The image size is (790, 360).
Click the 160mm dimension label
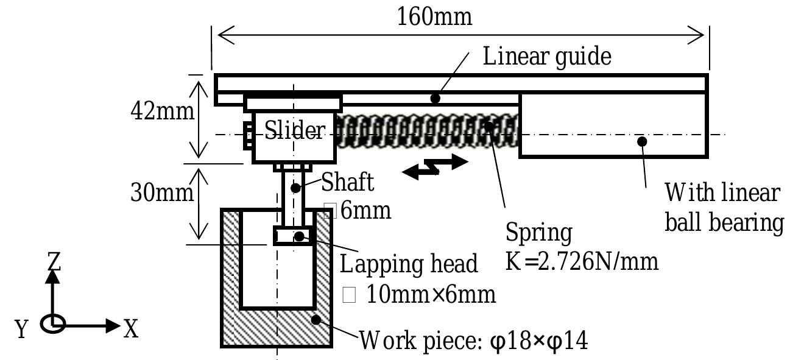pyautogui.click(x=434, y=16)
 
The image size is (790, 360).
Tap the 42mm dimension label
pyautogui.click(x=163, y=111)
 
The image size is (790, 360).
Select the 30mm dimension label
pyautogui.click(x=163, y=193)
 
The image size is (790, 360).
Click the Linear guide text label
pyautogui.click(x=546, y=56)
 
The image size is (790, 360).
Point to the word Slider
pyautogui.click(x=295, y=130)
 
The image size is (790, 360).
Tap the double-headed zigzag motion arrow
pyautogui.click(x=435, y=166)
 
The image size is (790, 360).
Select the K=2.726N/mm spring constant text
pyautogui.click(x=582, y=261)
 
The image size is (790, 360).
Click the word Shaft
pyautogui.click(x=347, y=182)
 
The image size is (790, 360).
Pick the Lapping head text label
pyautogui.click(x=408, y=264)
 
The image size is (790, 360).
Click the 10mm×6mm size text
pyautogui.click(x=431, y=295)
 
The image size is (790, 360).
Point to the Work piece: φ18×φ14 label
pyautogui.click(x=474, y=341)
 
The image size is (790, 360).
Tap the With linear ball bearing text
pyautogui.click(x=722, y=208)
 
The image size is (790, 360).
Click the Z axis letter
pyautogui.click(x=54, y=261)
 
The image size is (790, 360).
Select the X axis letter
pyautogui.click(x=131, y=330)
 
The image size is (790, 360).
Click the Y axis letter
pyautogui.click(x=22, y=330)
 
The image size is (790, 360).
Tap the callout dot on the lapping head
pyautogui.click(x=299, y=236)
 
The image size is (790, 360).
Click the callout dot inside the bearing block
pyautogui.click(x=641, y=141)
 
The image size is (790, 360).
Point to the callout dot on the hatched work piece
pyautogui.click(x=316, y=319)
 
